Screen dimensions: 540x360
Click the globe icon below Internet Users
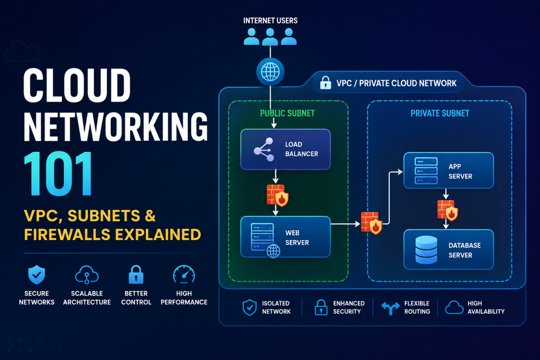point(270,72)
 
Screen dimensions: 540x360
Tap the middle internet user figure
point(270,37)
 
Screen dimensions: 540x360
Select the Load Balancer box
point(286,149)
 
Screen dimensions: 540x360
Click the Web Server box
point(286,237)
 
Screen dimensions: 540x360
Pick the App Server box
point(449,170)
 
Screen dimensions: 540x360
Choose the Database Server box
point(449,250)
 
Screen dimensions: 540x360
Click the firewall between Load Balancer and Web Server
point(277,196)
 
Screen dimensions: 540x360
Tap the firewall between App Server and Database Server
point(448,210)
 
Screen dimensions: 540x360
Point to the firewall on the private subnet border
point(372,223)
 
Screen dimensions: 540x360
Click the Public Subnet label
point(287,113)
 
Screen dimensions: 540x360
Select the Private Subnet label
point(440,113)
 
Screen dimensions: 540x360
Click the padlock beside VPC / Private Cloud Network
point(325,83)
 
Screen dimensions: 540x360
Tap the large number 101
point(58,174)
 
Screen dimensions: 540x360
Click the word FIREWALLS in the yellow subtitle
point(67,235)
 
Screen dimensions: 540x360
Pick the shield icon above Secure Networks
point(37,275)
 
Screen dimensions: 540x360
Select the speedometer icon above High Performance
point(184,274)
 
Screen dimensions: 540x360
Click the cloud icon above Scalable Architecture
point(87,275)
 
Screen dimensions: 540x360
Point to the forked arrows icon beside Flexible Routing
point(391,308)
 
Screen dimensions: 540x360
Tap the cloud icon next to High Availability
point(454,308)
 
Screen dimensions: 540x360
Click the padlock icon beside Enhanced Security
point(321,307)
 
